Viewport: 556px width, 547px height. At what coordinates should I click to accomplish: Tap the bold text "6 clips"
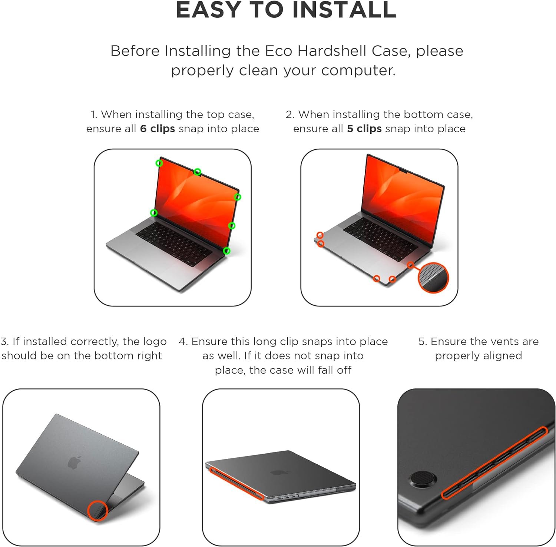coord(157,129)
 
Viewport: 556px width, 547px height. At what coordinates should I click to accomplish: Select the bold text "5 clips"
coord(364,129)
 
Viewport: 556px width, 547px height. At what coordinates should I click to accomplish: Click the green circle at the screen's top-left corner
coord(159,163)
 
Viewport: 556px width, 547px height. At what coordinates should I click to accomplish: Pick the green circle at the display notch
coord(198,172)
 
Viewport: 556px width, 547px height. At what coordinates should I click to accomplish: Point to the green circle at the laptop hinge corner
coord(227,251)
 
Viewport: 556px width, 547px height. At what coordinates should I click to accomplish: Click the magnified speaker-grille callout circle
coord(433,277)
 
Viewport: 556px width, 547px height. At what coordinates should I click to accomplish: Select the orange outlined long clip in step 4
coord(236,484)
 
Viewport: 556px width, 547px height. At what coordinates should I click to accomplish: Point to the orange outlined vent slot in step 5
coord(494,463)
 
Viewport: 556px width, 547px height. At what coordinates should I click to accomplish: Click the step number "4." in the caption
coord(183,341)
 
